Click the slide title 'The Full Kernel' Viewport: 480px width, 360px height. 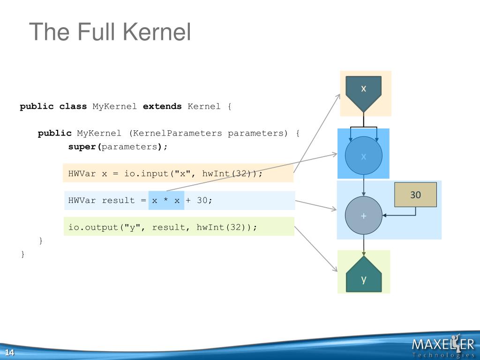coord(110,32)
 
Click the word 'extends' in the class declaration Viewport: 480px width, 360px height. coord(162,106)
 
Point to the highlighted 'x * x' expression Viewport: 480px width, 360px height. coord(166,201)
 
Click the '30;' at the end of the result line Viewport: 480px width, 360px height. coord(204,201)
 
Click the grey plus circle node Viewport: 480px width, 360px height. coord(364,216)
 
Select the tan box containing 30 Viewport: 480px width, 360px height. coord(416,195)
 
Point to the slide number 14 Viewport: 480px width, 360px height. coord(9,353)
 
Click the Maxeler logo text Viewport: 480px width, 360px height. coord(442,345)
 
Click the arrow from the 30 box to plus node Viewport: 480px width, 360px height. coord(403,216)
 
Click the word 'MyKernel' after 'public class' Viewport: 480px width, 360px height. coord(114,106)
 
